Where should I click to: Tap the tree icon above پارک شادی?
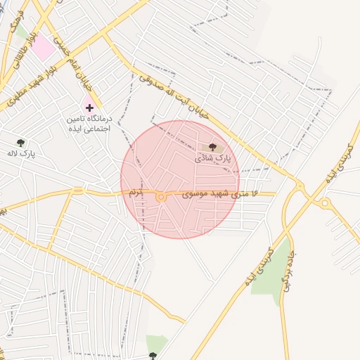click(212, 147)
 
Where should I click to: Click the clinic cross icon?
click(89, 108)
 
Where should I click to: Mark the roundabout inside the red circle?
click(160, 198)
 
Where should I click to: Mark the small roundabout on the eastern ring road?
click(325, 204)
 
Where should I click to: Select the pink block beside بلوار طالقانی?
click(44, 47)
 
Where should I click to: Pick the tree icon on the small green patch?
click(153, 356)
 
